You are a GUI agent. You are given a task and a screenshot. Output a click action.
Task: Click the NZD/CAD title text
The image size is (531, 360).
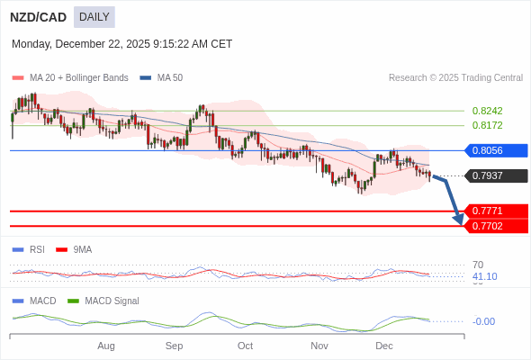coord(38,17)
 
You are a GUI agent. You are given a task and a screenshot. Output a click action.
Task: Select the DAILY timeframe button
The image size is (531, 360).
coord(94,17)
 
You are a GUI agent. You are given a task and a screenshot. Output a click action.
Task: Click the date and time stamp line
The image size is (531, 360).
coord(121,43)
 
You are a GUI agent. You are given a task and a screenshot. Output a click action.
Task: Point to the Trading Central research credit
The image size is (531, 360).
coord(455,78)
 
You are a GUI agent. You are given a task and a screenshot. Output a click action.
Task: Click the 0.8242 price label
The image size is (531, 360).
coord(487,111)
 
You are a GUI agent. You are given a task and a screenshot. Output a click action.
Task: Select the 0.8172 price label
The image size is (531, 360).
coord(487,125)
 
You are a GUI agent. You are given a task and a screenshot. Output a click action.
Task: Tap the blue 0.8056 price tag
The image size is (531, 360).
coord(496,150)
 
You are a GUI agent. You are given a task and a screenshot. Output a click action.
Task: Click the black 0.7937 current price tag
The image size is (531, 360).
coord(496,175)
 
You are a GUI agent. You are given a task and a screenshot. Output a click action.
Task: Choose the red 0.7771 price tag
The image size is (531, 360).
coord(496,211)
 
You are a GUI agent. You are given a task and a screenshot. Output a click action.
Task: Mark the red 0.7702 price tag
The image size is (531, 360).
coord(496,226)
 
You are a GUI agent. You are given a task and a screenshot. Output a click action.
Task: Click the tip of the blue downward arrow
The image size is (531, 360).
coord(459,223)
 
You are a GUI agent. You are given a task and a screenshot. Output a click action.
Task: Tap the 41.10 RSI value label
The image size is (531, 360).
coord(484,276)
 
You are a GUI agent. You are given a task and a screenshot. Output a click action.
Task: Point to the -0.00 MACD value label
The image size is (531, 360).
coord(483,321)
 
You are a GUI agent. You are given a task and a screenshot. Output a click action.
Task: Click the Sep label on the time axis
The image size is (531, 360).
coord(175,346)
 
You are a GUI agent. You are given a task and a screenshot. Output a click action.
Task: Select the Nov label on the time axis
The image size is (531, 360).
coord(319,346)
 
